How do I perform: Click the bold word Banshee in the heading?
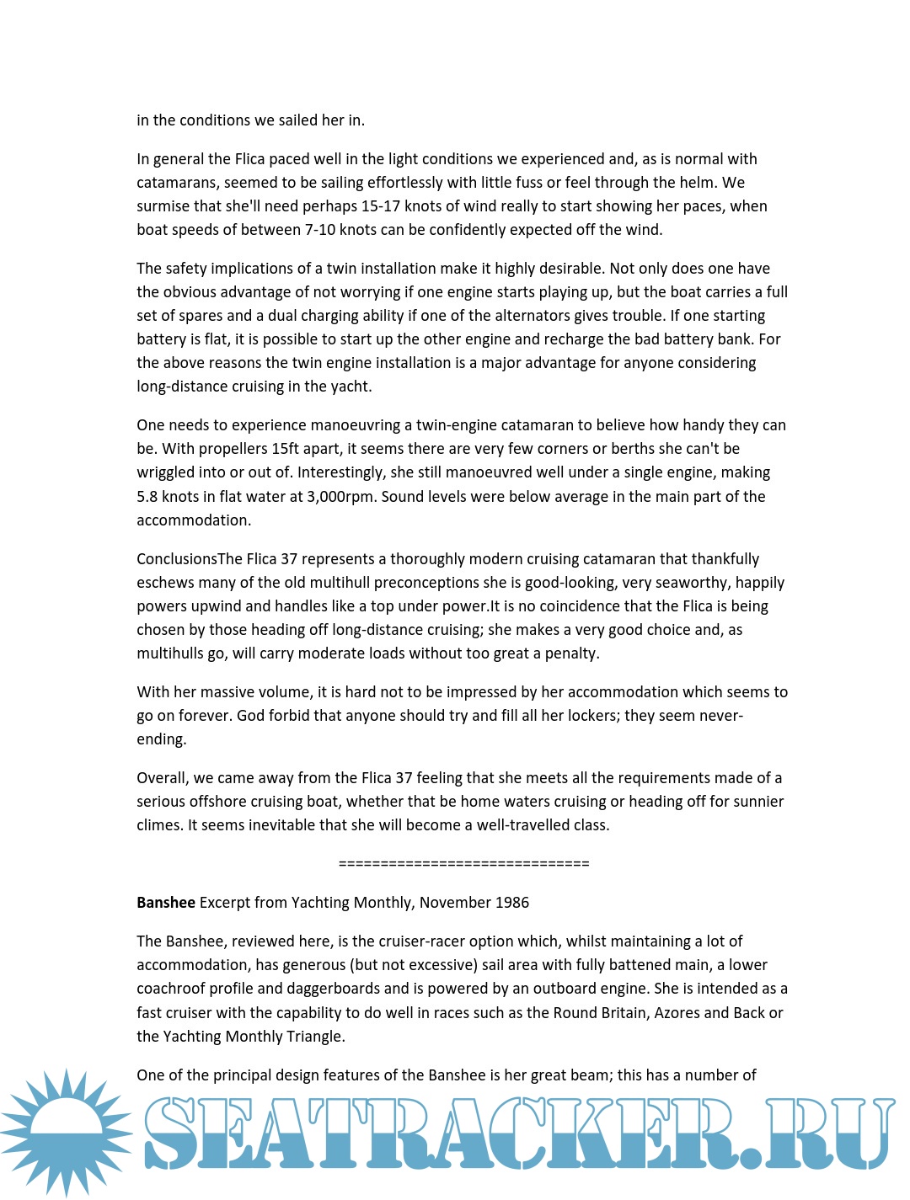[166, 902]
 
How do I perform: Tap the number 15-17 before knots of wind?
[370, 206]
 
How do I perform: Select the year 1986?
[512, 902]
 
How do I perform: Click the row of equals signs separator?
[463, 863]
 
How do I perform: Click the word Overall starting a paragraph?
[163, 778]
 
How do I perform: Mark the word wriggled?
[167, 472]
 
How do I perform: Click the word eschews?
[164, 583]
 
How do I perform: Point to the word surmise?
[163, 206]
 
